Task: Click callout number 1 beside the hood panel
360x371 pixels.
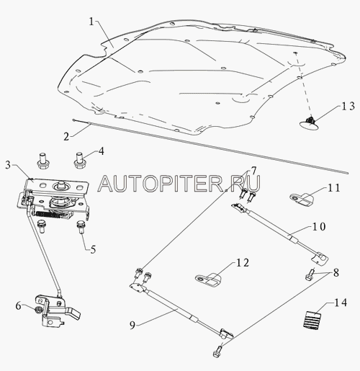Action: [91, 22]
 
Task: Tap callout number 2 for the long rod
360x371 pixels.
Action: [66, 136]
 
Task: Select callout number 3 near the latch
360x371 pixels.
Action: [8, 165]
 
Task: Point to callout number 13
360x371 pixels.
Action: [348, 106]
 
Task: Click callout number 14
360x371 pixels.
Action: [341, 303]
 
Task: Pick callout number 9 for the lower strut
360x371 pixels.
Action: [132, 325]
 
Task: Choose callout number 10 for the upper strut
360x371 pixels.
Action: [319, 226]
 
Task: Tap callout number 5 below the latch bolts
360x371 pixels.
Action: [93, 249]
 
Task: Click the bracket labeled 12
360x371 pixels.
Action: [208, 280]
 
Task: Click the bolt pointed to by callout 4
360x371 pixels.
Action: [78, 160]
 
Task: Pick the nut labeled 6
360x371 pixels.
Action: [37, 310]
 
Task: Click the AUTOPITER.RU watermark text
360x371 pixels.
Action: [179, 184]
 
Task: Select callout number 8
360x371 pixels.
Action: [336, 272]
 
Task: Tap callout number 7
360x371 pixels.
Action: [253, 171]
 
